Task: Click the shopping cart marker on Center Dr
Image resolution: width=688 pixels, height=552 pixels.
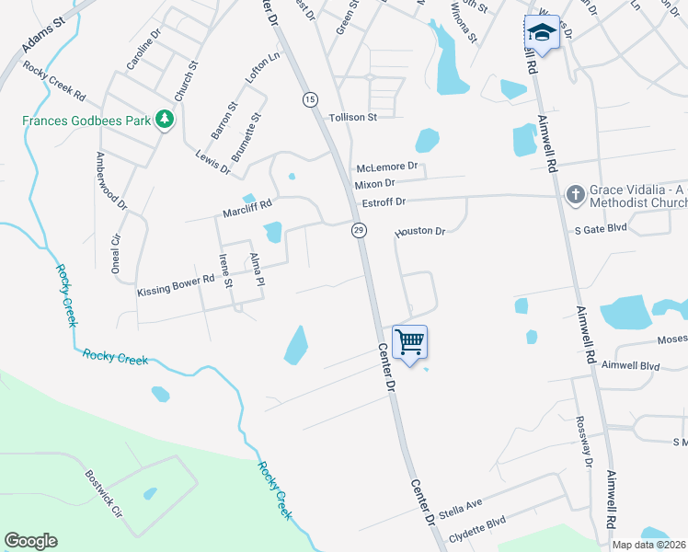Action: pos(410,342)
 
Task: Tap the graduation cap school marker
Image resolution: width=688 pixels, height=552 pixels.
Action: pos(541,33)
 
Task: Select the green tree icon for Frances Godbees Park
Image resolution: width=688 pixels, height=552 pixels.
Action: pos(165,120)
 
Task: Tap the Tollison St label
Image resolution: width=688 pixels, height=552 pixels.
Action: pos(353,118)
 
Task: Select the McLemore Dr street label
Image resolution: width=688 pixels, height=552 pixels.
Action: pos(387,167)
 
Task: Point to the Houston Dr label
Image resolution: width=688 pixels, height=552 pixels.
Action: pos(420,232)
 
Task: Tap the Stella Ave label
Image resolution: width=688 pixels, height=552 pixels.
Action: pos(461,507)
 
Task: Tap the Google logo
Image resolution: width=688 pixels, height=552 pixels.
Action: pos(30,541)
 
